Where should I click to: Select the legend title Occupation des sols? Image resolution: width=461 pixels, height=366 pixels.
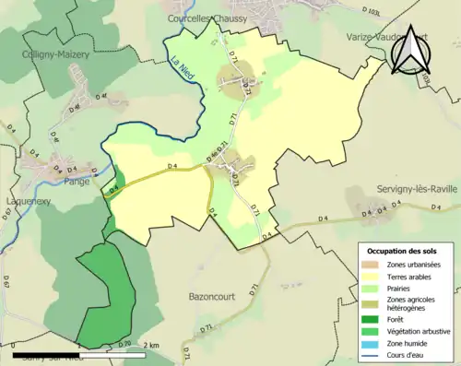[x=403, y=252]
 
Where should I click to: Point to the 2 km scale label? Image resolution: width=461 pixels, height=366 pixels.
[x=154, y=345]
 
